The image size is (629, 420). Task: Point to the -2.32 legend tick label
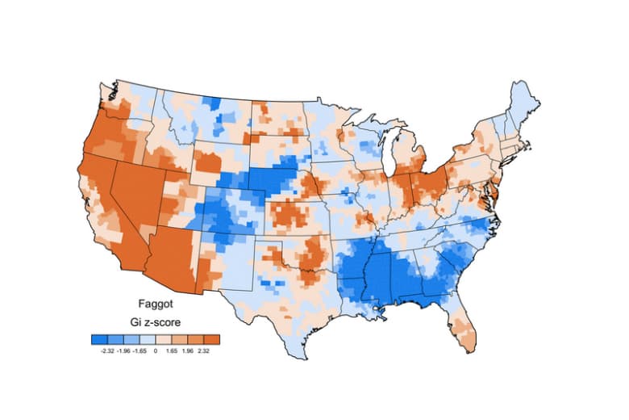(x=106, y=351)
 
